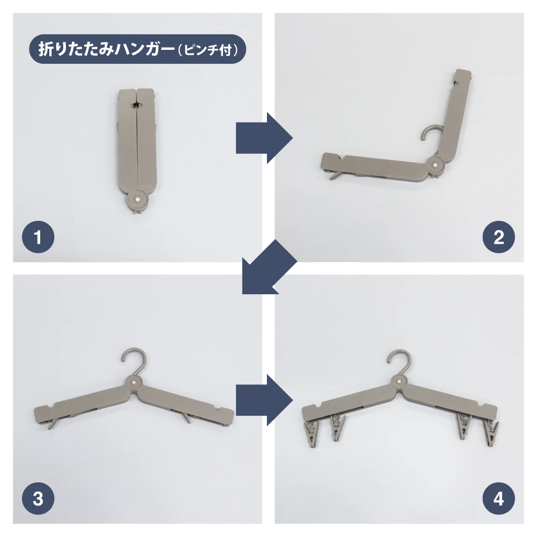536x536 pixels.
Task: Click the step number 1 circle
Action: tap(38, 237)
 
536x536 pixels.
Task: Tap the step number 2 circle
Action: tap(498, 237)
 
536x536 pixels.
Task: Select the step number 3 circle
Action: tap(38, 498)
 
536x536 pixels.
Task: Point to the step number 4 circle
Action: tap(498, 498)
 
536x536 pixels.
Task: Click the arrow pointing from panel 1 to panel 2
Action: tap(264, 138)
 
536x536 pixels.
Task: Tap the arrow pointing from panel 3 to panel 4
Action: tap(264, 400)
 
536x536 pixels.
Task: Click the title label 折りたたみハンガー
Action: tap(106, 49)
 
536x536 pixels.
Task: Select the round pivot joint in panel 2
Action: tap(435, 165)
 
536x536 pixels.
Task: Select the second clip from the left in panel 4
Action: tap(337, 427)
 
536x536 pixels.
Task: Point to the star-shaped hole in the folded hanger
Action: tap(137, 105)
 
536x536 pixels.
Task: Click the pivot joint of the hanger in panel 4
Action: tap(399, 381)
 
